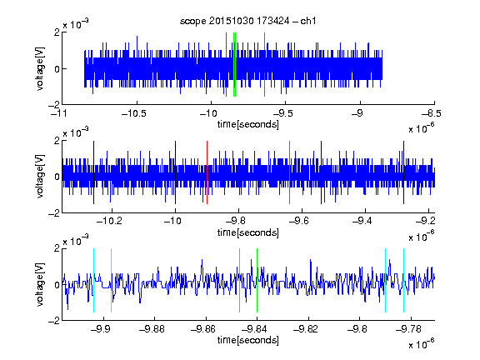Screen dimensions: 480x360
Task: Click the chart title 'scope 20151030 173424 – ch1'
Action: (x=247, y=21)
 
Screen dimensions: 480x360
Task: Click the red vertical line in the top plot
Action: (x=226, y=65)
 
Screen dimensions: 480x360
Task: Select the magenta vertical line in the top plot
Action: (x=264, y=65)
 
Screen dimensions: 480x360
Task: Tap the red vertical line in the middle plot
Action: (x=207, y=172)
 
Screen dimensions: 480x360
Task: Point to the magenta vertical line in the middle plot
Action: (x=290, y=172)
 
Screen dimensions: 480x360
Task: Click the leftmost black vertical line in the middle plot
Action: (x=93, y=172)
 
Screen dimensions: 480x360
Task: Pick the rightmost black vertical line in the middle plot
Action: (x=404, y=172)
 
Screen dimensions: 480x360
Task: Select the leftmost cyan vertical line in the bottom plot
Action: (x=93, y=280)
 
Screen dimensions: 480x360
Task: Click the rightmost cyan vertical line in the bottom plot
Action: (x=404, y=280)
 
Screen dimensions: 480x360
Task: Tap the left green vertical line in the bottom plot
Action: (x=240, y=280)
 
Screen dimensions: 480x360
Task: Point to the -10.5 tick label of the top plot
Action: (x=134, y=114)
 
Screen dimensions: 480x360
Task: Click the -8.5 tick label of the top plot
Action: (x=432, y=114)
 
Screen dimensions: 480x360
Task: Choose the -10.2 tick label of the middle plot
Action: (x=109, y=221)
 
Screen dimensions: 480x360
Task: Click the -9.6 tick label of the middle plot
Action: (x=299, y=221)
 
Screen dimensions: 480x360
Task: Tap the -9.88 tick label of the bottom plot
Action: (x=152, y=329)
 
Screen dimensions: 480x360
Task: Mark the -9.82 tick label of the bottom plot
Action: (x=306, y=329)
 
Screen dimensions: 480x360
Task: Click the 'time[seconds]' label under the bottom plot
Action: (x=248, y=340)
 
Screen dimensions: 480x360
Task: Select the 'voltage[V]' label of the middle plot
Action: (x=40, y=177)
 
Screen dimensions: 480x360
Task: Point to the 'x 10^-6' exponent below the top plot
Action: (x=422, y=127)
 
